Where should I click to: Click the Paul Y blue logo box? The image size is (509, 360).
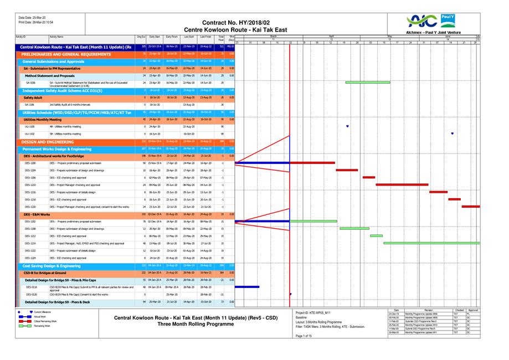(x=447, y=20)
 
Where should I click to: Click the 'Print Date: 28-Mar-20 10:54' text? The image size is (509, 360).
(x=36, y=22)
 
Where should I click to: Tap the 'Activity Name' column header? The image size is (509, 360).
(x=57, y=37)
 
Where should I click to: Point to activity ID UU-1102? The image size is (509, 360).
(x=30, y=133)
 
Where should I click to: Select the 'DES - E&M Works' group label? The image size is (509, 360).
(x=37, y=214)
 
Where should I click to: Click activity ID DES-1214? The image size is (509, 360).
(x=30, y=243)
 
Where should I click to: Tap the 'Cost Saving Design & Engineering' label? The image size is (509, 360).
(x=52, y=266)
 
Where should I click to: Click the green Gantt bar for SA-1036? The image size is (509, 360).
(x=363, y=82)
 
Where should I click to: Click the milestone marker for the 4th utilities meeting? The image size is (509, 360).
(x=347, y=126)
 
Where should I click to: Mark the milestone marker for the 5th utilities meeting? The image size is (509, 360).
(x=453, y=133)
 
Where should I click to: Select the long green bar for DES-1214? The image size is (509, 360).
(x=431, y=243)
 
